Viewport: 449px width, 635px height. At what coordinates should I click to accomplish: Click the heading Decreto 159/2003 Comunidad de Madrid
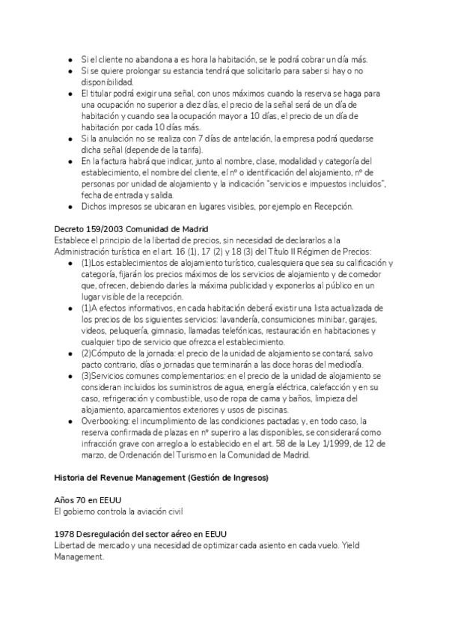(131, 228)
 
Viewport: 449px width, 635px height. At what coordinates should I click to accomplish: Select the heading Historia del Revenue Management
(161, 476)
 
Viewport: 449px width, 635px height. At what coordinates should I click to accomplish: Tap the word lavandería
(255, 320)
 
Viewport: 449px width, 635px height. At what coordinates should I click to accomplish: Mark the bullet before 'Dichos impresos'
(69, 206)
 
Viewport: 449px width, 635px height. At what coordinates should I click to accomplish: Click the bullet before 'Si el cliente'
(69, 59)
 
